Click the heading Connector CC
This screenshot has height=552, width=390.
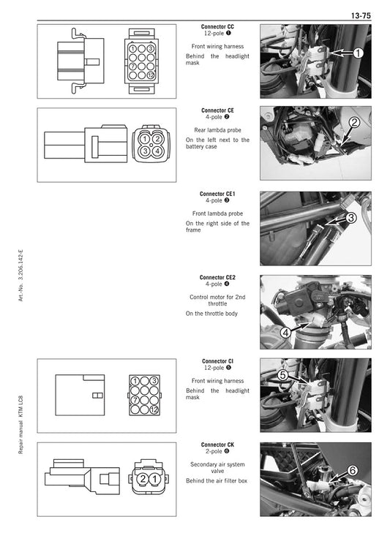pos(217,27)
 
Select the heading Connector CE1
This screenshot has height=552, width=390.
pos(217,194)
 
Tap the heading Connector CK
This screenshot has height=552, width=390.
pos(217,445)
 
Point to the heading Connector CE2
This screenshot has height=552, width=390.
pos(217,278)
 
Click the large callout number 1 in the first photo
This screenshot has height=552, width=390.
pos(358,53)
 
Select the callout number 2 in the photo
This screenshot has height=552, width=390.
pos(354,122)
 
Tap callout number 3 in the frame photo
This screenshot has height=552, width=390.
pos(350,218)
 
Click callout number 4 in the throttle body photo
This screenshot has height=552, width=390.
pos(285,333)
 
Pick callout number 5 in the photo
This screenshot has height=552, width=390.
pos(282,376)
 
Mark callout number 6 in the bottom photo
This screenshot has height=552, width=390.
pos(352,471)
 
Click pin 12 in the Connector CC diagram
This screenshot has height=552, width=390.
pos(151,75)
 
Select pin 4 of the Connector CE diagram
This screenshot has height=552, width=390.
pos(157,150)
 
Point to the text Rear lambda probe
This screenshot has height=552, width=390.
pos(217,129)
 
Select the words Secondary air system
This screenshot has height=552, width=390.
pos(217,464)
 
